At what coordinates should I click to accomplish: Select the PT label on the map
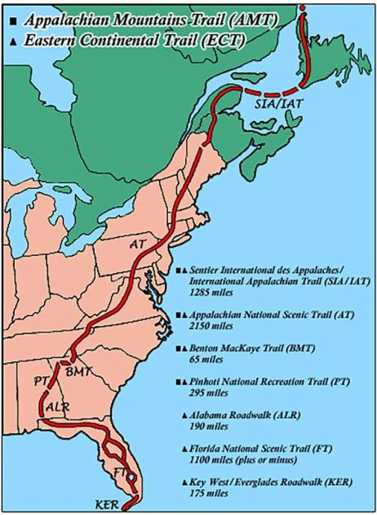point(41,381)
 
